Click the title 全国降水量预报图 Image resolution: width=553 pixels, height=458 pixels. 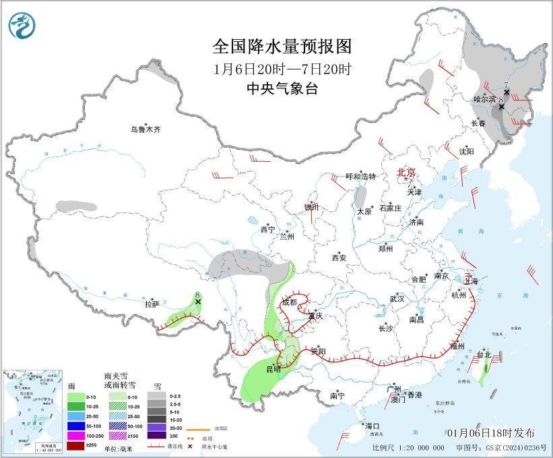pyautogui.click(x=282, y=47)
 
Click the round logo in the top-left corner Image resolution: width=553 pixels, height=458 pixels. pyautogui.click(x=22, y=25)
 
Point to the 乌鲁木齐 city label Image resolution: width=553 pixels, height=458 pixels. pyautogui.click(x=147, y=130)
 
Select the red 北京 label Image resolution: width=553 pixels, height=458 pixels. pyautogui.click(x=408, y=173)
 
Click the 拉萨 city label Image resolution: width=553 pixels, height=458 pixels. pyautogui.click(x=152, y=304)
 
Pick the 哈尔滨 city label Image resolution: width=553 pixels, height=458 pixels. pyautogui.click(x=484, y=99)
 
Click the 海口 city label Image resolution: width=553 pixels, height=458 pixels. pyautogui.click(x=372, y=426)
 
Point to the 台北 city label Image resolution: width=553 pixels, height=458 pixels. pyautogui.click(x=484, y=354)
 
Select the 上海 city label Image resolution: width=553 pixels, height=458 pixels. pyautogui.click(x=471, y=281)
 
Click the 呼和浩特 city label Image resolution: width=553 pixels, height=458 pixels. pyautogui.click(x=360, y=176)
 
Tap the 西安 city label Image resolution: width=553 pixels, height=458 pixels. pyautogui.click(x=338, y=258)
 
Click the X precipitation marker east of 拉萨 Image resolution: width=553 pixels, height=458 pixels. pyautogui.click(x=198, y=302)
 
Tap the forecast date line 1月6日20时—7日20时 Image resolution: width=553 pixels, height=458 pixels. pyautogui.click(x=282, y=69)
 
